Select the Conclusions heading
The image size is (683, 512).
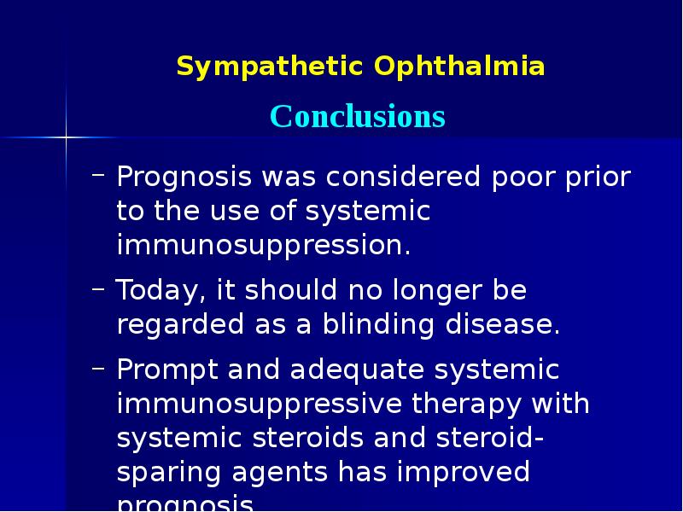[358, 116]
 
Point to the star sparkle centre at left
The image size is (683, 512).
[66, 136]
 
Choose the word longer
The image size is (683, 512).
[423, 291]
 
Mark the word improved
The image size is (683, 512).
[462, 472]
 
